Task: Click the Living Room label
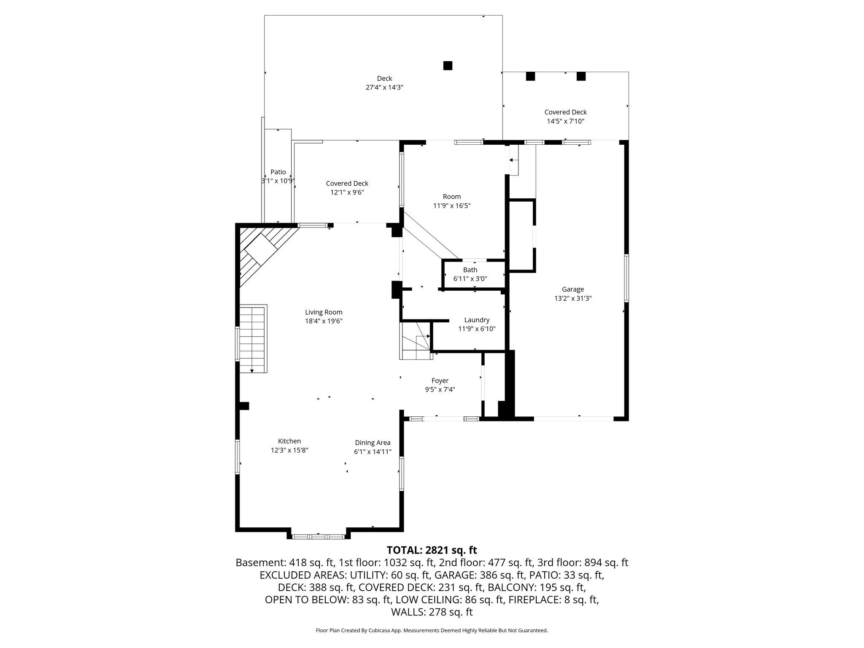point(324,312)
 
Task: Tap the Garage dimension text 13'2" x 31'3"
point(572,298)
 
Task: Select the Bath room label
point(470,270)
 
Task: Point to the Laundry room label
point(477,320)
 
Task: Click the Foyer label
point(440,381)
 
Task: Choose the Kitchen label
point(289,441)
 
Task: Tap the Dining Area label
point(373,443)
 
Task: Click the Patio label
point(278,172)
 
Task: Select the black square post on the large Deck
point(448,65)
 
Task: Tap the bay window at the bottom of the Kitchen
point(319,537)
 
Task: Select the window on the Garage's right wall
point(626,278)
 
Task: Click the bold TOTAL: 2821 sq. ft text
point(432,550)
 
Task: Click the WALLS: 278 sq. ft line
point(432,612)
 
